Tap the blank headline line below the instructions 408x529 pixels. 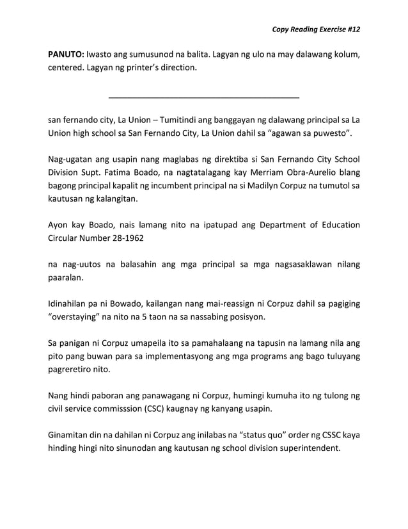tap(204, 97)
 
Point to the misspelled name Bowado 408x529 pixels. tap(134, 303)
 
